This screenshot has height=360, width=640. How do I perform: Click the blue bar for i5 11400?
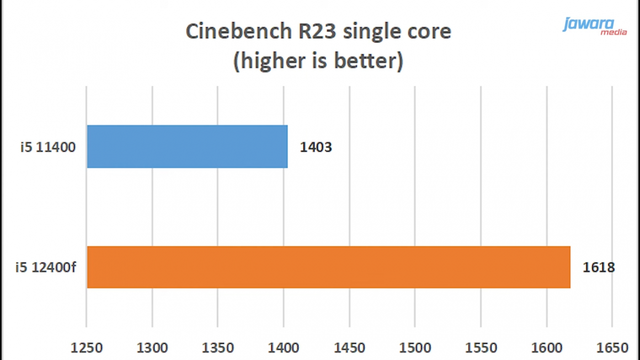[x=187, y=147]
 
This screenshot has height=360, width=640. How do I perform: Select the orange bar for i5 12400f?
[x=328, y=267]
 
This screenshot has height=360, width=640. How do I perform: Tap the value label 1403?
[x=316, y=147]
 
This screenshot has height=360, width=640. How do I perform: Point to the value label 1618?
[x=599, y=268]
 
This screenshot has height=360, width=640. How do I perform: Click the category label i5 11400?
[x=46, y=147]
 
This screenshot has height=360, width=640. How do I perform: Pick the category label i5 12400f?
[x=46, y=268]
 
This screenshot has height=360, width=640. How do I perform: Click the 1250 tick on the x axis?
[x=87, y=348]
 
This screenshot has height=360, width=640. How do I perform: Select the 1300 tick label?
[x=152, y=348]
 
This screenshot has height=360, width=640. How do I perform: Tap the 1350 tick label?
[x=218, y=348]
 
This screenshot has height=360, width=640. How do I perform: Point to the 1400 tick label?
[x=284, y=348]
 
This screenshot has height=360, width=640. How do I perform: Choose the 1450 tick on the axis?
[x=349, y=348]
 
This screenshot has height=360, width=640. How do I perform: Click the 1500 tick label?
[x=415, y=348]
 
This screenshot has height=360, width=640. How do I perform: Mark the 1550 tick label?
[x=481, y=348]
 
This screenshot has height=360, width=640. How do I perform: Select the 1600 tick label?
[x=546, y=348]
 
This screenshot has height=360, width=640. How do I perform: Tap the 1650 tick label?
[x=612, y=348]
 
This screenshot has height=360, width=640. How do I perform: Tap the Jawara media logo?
[x=595, y=26]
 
